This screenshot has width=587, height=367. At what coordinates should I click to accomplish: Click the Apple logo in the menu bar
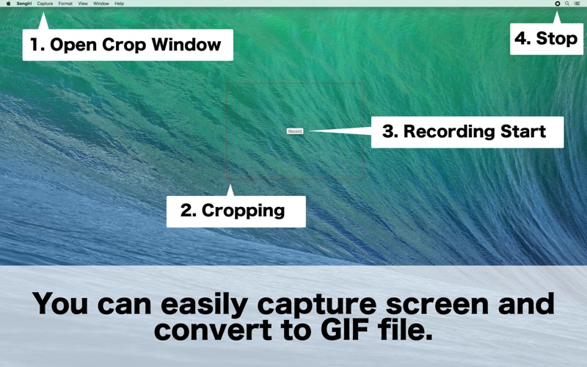click(9, 4)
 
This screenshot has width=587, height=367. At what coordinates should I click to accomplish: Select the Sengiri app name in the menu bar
click(24, 4)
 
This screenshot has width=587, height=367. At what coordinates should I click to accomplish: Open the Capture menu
click(45, 4)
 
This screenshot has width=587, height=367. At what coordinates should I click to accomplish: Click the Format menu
click(65, 4)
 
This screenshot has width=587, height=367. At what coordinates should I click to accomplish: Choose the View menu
click(83, 4)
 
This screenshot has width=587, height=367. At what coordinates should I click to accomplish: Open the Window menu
click(101, 4)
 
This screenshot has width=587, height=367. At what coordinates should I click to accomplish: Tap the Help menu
click(119, 4)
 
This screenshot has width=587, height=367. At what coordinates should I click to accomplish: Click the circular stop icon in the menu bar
click(558, 4)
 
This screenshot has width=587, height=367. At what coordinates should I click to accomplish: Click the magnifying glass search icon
click(567, 4)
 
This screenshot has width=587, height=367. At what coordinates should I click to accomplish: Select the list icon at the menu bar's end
click(577, 4)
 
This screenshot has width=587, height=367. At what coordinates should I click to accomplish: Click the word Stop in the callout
click(557, 39)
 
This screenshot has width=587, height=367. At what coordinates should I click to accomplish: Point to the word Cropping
click(244, 211)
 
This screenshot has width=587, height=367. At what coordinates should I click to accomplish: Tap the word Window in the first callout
click(186, 45)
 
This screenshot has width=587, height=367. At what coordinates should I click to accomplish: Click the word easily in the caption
click(204, 305)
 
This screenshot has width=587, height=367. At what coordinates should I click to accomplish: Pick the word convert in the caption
click(213, 330)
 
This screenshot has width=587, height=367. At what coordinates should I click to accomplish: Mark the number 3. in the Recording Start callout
click(390, 131)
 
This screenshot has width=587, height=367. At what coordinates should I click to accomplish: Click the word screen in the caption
click(437, 304)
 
